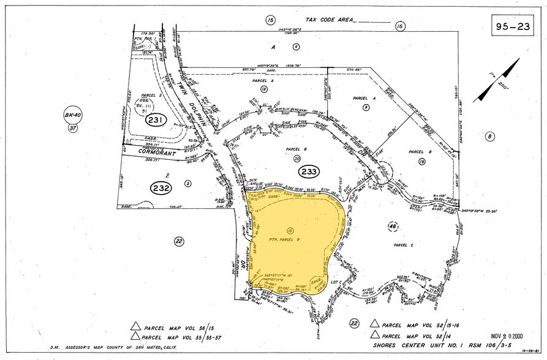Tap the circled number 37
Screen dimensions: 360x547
click(x=73, y=128)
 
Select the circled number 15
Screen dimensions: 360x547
click(x=270, y=20)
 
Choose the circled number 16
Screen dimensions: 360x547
click(x=401, y=26)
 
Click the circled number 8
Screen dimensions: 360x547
click(x=490, y=136)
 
